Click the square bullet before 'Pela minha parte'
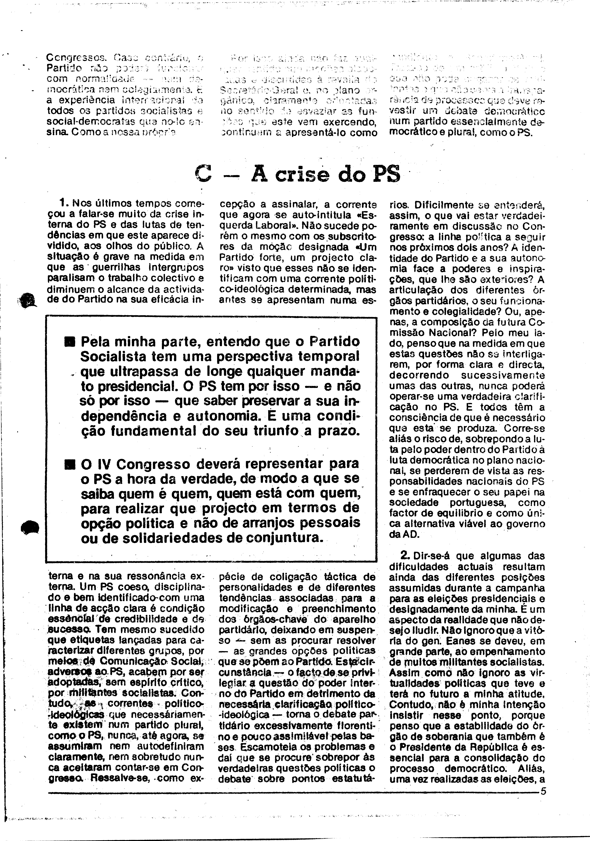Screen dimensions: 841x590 [x=70, y=343]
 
